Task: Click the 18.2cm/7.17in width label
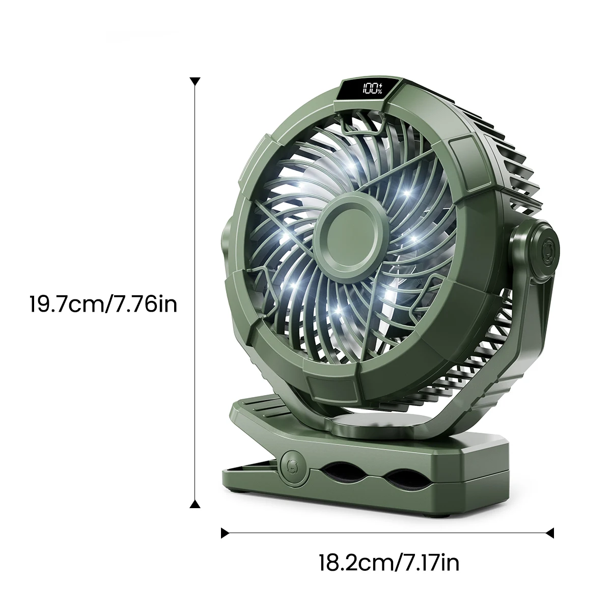point(389,563)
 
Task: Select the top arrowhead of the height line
point(194,81)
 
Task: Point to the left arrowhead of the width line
point(225,533)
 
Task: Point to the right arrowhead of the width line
point(549,533)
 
